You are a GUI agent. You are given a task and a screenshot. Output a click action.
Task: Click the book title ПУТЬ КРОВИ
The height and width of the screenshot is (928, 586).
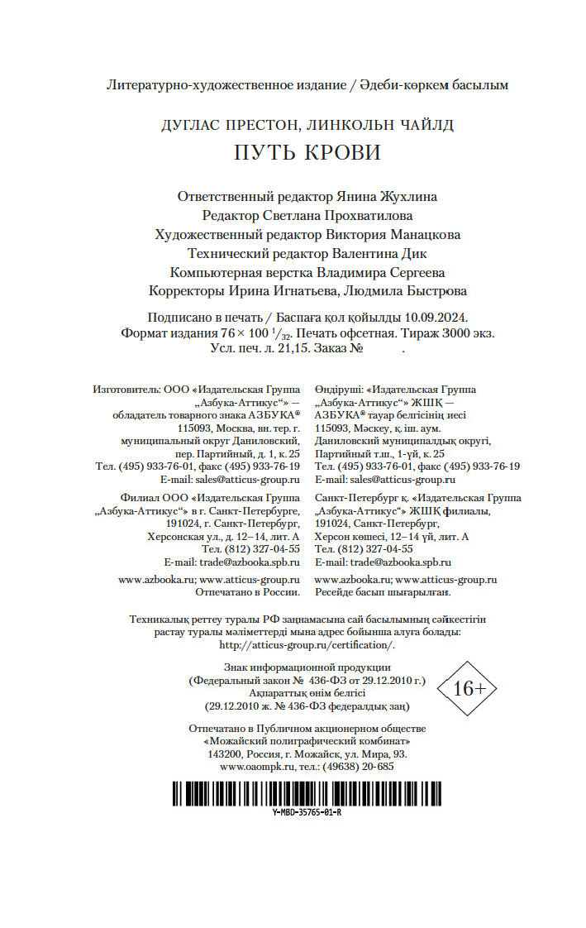pos(307,154)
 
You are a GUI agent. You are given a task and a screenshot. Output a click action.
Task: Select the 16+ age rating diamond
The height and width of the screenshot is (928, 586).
pos(468,687)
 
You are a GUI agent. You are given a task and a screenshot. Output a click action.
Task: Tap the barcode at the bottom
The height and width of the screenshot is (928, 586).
pos(307,794)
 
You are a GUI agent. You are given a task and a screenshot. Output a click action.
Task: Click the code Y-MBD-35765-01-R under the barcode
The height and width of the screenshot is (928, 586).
pos(307,812)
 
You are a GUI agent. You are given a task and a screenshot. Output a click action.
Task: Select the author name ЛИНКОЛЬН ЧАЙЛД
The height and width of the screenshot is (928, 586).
pos(380,125)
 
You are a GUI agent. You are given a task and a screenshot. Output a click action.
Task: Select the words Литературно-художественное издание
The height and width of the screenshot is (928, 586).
pos(219,84)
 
